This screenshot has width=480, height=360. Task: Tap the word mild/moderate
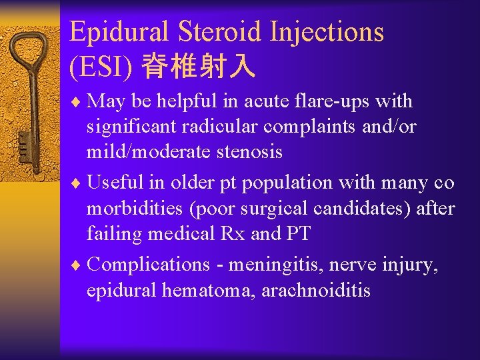[142, 152]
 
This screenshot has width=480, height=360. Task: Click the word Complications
[148, 265]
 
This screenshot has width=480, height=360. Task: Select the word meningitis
[270, 265]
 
